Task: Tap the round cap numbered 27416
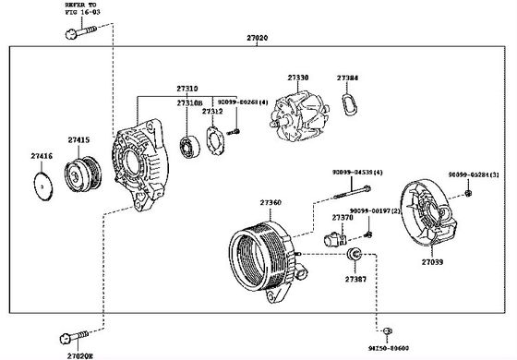tap(42, 186)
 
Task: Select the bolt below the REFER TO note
tap(78, 35)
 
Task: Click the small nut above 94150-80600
tap(388, 329)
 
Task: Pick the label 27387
tap(355, 277)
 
